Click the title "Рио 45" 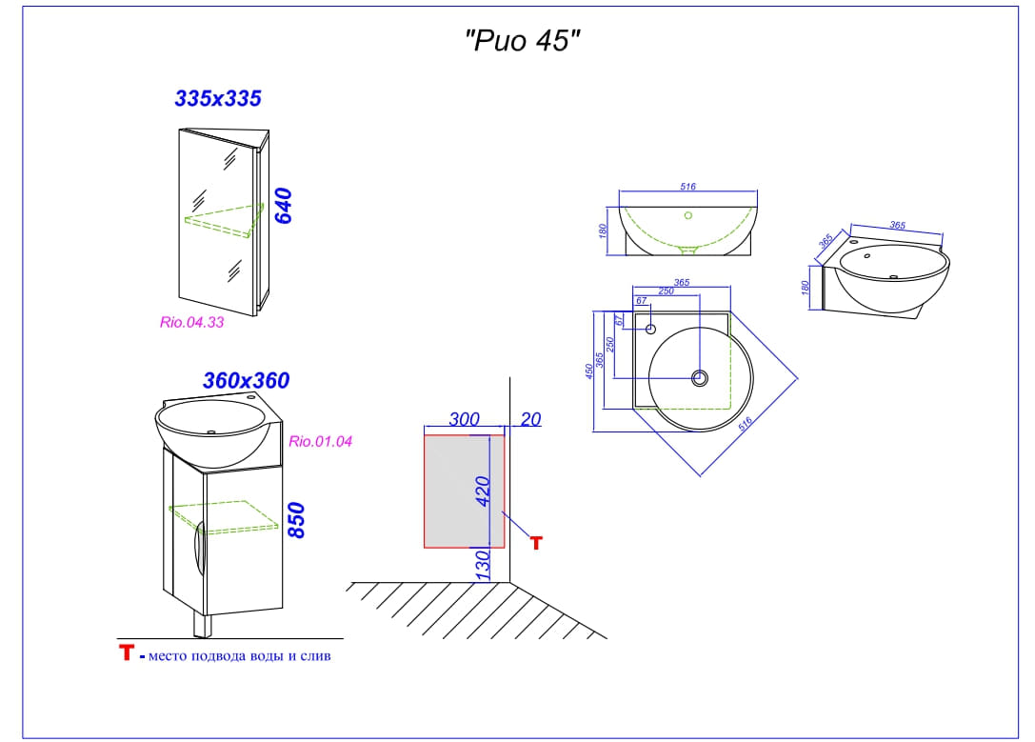tap(522, 41)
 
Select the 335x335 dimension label tap(218, 98)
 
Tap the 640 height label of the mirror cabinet tap(283, 206)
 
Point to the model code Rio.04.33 tap(191, 322)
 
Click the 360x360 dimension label tap(246, 380)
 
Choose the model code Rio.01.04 tap(320, 441)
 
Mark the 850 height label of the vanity tap(296, 520)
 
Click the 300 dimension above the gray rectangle tap(464, 419)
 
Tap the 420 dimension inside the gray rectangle tap(483, 491)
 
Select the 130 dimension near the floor tap(483, 566)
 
